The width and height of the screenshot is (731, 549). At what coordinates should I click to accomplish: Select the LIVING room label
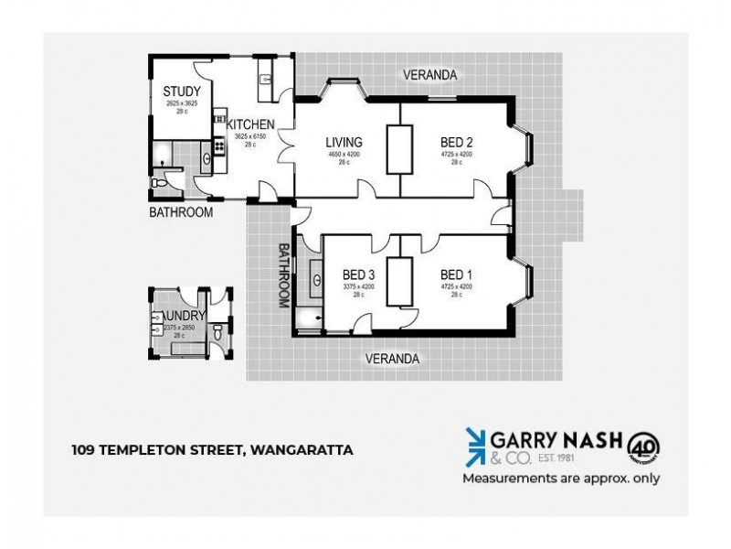pyautogui.click(x=344, y=142)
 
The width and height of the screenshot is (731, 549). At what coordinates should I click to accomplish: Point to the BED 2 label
pyautogui.click(x=456, y=142)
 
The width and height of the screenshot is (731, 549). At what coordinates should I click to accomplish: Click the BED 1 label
pyautogui.click(x=456, y=274)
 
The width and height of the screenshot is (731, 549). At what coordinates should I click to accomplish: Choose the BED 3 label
pyautogui.click(x=359, y=274)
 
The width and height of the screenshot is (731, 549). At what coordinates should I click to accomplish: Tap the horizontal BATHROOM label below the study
pyautogui.click(x=181, y=212)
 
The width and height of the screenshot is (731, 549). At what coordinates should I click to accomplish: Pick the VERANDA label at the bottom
pyautogui.click(x=394, y=359)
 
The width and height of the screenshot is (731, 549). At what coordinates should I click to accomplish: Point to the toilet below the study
pyautogui.click(x=161, y=182)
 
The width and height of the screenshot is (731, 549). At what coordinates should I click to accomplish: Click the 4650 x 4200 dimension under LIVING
pyautogui.click(x=344, y=155)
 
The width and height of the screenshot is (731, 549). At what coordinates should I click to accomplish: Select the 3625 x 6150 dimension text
pyautogui.click(x=250, y=137)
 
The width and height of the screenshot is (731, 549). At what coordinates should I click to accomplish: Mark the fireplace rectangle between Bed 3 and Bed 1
pyautogui.click(x=398, y=281)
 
